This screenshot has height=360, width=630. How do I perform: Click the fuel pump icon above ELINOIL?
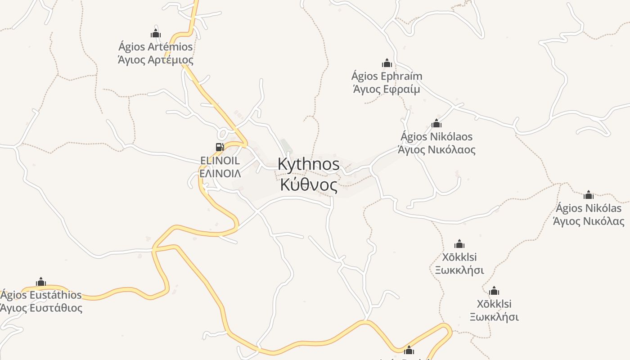(x=220, y=147)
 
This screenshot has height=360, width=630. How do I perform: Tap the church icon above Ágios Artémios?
(x=156, y=34)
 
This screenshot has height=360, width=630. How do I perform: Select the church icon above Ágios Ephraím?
(x=387, y=63)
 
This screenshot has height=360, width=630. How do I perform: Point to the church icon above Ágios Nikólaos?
(x=436, y=123)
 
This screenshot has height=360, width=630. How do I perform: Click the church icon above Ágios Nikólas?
(x=588, y=195)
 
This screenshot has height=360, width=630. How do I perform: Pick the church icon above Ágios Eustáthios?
(x=41, y=282)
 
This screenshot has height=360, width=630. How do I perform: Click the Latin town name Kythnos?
(x=309, y=164)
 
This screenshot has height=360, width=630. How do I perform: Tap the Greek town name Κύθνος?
(x=309, y=184)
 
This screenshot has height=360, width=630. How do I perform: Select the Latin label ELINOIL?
(x=220, y=161)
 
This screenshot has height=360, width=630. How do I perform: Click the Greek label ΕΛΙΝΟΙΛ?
(x=220, y=173)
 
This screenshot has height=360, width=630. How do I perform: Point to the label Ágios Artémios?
(x=155, y=47)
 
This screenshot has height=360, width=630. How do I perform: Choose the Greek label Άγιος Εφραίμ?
(x=386, y=89)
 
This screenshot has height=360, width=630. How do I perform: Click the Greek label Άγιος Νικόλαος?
(x=436, y=149)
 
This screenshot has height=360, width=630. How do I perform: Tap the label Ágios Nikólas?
(x=588, y=208)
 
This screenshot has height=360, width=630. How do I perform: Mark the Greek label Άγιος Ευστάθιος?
(x=41, y=308)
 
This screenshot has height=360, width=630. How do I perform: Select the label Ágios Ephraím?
(x=387, y=76)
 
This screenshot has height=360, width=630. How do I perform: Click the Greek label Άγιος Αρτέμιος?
(x=155, y=60)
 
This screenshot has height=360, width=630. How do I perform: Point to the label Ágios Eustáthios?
(x=41, y=295)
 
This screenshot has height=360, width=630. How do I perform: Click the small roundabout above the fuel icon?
(x=222, y=134)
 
